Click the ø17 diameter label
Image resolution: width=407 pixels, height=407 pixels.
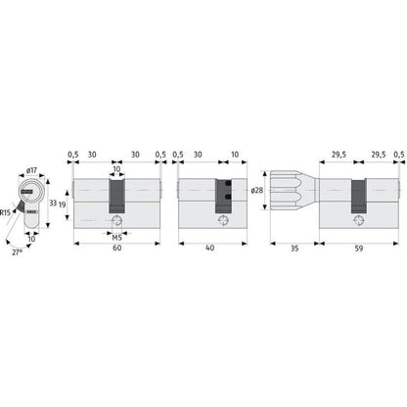[x=31, y=170]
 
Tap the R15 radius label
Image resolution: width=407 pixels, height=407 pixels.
[x=5, y=213]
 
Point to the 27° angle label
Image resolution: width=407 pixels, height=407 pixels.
[x=18, y=252]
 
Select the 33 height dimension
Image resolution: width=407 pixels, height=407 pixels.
[x=53, y=203]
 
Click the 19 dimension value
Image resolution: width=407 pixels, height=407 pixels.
[x=63, y=204]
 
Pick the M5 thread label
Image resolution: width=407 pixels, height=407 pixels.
[x=116, y=238]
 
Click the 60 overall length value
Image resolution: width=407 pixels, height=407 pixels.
[x=117, y=248]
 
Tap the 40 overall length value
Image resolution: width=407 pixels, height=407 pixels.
[x=210, y=248]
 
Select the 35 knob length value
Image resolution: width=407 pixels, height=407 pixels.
[x=294, y=249]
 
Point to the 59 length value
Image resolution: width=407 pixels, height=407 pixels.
[x=359, y=249]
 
